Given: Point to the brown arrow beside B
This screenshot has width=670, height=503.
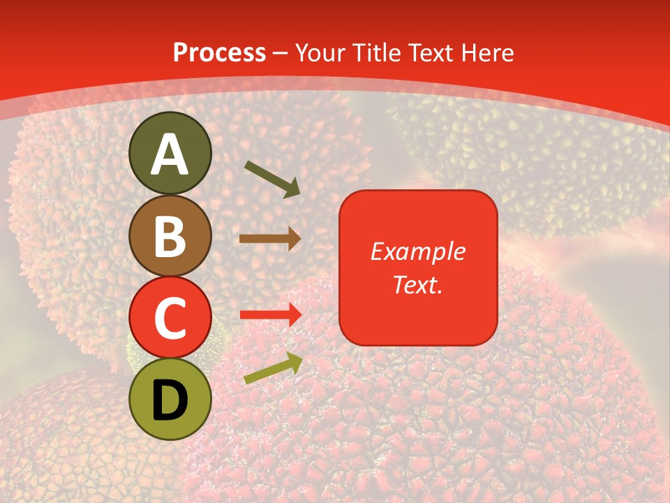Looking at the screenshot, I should pyautogui.click(x=270, y=239).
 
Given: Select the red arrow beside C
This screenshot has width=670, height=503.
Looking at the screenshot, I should pyautogui.click(x=270, y=314).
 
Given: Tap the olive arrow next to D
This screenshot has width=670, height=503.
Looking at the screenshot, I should pyautogui.click(x=273, y=368).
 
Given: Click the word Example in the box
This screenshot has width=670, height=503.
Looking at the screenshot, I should pyautogui.click(x=418, y=251).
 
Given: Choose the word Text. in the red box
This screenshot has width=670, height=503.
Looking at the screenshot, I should pyautogui.click(x=418, y=284).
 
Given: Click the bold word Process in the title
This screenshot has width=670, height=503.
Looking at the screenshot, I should pyautogui.click(x=219, y=53).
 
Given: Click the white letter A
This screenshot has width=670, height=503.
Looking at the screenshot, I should pyautogui.click(x=170, y=154).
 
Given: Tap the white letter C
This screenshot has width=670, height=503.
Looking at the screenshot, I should pyautogui.click(x=170, y=319).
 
